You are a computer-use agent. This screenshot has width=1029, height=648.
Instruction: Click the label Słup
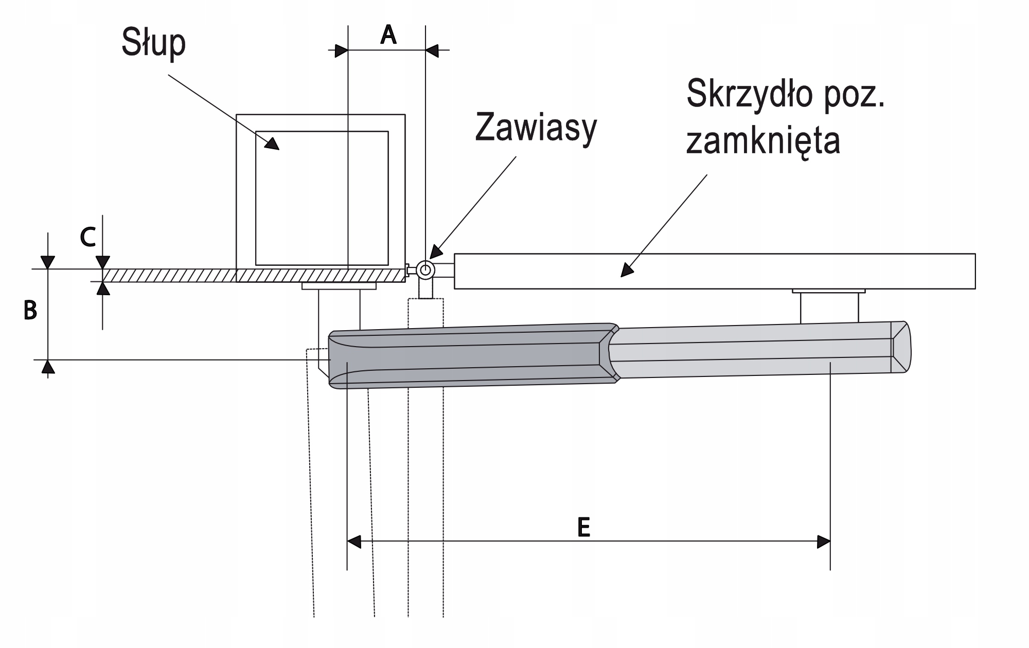[153, 44]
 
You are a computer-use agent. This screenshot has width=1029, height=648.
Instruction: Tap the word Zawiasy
[536, 129]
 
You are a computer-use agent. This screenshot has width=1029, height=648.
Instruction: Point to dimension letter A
[388, 35]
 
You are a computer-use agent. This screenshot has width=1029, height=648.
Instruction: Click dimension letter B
[30, 311]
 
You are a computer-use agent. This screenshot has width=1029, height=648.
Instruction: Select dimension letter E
[583, 527]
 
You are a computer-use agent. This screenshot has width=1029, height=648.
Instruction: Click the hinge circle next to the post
[425, 269]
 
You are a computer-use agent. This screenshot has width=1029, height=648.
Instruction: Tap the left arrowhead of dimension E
[354, 542]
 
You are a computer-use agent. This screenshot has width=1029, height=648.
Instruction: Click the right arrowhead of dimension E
[823, 542]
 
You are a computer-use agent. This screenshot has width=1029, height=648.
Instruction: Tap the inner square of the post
[322, 198]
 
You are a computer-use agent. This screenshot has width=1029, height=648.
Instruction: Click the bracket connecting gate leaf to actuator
[829, 307]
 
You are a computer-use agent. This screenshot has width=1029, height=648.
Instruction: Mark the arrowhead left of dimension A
[341, 50]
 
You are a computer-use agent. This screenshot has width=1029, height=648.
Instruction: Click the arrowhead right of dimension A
[432, 50]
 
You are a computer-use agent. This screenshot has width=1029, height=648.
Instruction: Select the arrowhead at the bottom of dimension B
[48, 366]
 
